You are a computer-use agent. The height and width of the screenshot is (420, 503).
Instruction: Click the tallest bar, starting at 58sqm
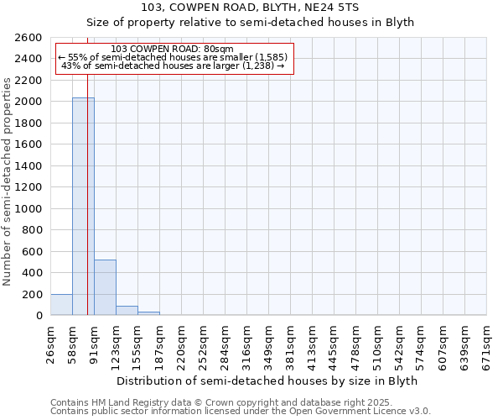coord(83,206)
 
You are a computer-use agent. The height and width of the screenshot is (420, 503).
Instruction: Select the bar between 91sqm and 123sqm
coord(105,287)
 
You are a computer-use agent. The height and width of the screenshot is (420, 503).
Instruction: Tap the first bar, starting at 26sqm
coord(61,305)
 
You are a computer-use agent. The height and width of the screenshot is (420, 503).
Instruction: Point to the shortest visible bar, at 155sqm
coord(148,313)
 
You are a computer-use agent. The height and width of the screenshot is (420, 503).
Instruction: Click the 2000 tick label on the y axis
coord(29,102)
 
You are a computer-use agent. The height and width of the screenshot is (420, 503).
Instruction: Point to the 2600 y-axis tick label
coord(29,38)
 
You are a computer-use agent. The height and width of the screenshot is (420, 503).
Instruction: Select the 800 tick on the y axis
coord(33,230)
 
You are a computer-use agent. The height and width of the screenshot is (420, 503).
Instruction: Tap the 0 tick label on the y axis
coord(39,316)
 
